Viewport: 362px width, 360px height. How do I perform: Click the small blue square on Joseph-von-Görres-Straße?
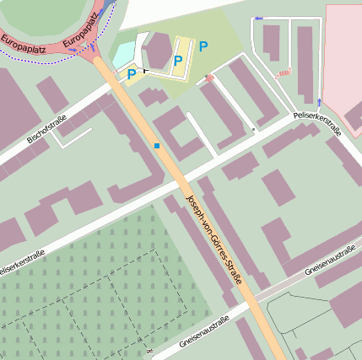(157, 146)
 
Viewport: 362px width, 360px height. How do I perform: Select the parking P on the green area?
(203, 46)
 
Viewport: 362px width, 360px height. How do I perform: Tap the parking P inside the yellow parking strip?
(177, 60)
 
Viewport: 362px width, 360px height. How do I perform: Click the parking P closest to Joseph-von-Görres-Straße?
(131, 75)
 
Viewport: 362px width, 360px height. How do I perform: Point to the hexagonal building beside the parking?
(157, 51)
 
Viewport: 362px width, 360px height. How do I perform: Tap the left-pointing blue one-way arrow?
(258, 18)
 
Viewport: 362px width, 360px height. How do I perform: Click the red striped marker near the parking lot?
(208, 78)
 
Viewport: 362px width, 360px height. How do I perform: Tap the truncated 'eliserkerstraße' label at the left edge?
(22, 257)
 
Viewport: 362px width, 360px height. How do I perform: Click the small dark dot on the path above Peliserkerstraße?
(253, 130)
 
